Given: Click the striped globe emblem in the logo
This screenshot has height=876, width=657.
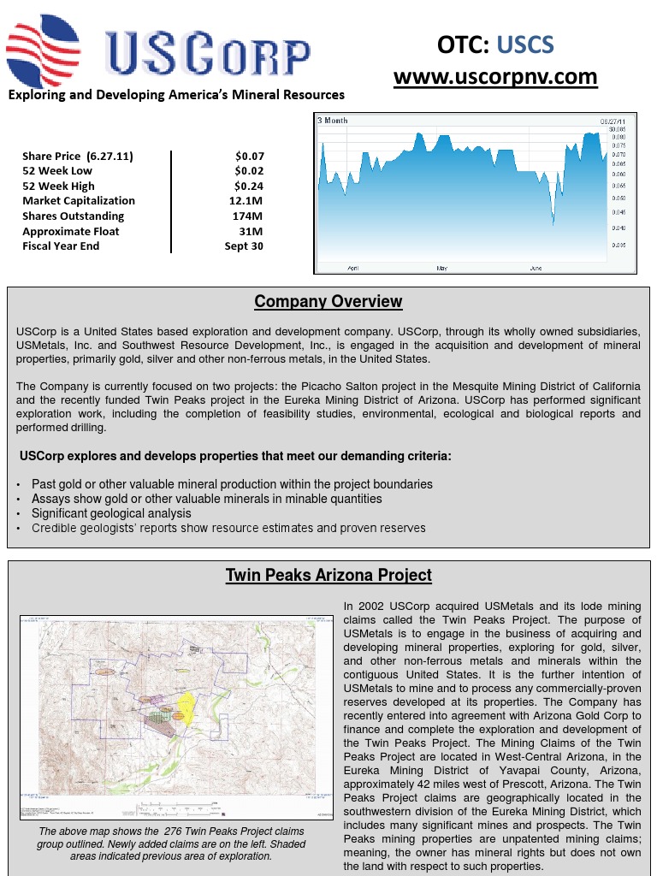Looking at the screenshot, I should coord(43,50).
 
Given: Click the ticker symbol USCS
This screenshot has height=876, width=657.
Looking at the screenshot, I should coord(525,44).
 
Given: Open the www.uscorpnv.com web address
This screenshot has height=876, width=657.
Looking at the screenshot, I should coord(495,77).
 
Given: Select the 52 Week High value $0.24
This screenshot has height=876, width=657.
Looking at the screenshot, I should coord(249,186).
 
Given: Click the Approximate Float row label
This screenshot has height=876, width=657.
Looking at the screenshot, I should coord(70,231).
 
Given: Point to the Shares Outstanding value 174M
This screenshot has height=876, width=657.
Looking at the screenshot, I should coord(247,216).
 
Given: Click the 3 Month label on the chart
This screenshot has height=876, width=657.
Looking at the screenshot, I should coord(333,121).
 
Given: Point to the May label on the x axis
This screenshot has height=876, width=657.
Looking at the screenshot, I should coord(441,269).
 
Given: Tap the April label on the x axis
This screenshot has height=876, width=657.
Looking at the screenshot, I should coord(353,269).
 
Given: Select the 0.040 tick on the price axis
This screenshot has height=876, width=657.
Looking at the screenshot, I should coord(619,228).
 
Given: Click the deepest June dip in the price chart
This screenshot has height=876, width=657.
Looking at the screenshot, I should coord(553,224).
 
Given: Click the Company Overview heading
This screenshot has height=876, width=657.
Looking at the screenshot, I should coord(328,302).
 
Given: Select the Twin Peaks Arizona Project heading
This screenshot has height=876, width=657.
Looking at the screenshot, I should coord(328,576).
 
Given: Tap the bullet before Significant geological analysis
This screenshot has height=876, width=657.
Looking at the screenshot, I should coord(20,514).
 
